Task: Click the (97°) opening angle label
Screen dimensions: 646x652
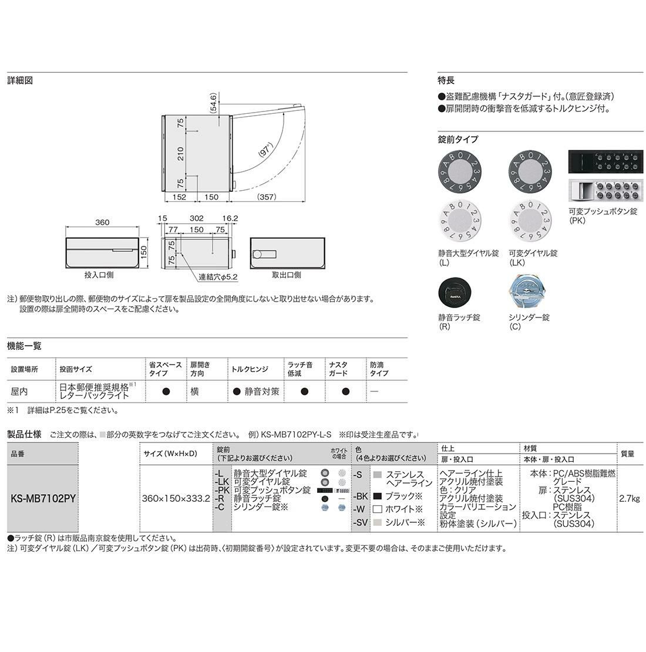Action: (x=265, y=150)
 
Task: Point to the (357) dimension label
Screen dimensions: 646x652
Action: (x=267, y=197)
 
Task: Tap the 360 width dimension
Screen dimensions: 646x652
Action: (x=102, y=222)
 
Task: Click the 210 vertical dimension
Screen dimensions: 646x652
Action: (x=180, y=154)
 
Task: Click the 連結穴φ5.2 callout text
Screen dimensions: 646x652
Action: (x=218, y=276)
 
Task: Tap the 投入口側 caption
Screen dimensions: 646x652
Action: (x=99, y=275)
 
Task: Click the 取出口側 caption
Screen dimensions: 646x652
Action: (x=287, y=275)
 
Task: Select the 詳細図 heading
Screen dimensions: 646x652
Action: (x=20, y=80)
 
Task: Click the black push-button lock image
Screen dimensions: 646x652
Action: (x=605, y=162)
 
